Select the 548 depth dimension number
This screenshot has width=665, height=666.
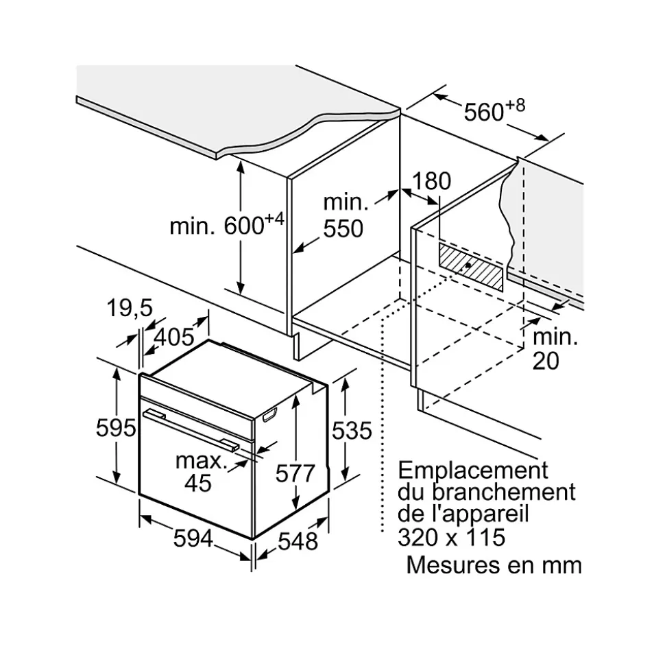coord(298,541)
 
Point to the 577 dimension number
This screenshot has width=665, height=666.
coord(294,473)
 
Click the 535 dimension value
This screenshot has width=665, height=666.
coord(351,430)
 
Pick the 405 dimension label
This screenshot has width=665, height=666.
coord(173,337)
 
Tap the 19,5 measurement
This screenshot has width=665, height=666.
coord(130,309)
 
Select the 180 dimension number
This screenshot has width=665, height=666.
coord(432,181)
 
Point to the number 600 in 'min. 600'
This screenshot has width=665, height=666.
coord(244,226)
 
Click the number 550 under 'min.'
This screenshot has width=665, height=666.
coord(343,228)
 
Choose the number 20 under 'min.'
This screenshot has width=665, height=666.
coord(546,361)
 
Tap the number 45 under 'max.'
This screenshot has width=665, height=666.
coord(198,483)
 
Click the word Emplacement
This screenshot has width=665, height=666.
coord(474,471)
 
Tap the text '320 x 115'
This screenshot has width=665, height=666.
coord(451,536)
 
